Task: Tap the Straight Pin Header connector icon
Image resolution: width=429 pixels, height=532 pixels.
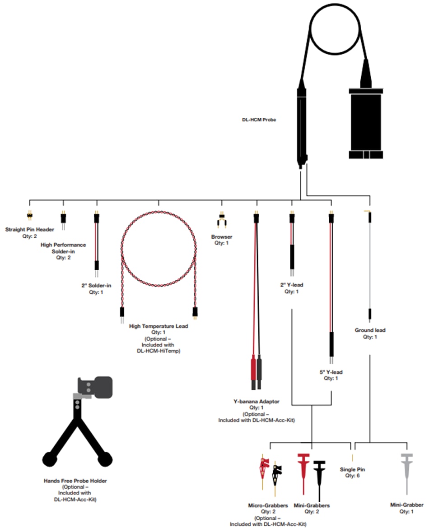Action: (30, 216)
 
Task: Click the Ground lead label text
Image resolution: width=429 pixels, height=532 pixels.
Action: (370, 330)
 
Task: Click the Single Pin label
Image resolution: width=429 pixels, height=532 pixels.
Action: (352, 469)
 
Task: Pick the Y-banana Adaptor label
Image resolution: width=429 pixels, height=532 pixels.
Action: (256, 401)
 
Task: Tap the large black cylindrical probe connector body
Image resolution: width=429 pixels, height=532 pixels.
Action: (366, 122)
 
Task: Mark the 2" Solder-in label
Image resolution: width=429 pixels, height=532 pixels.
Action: (96, 285)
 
